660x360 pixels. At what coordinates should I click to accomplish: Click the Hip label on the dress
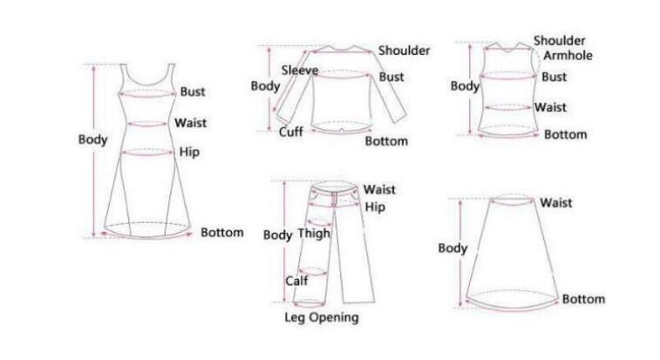(189, 153)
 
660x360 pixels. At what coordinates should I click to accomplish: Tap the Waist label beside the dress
(190, 123)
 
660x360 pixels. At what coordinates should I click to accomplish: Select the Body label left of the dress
(93, 139)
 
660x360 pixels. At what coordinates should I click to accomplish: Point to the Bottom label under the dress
(222, 233)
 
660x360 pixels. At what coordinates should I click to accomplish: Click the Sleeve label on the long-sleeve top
(299, 70)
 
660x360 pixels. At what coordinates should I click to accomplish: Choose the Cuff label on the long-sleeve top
(291, 132)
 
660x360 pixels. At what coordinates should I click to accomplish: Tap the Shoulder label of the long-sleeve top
(404, 51)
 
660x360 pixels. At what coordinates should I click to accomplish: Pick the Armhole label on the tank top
(568, 56)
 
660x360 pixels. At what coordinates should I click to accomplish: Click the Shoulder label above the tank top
(560, 41)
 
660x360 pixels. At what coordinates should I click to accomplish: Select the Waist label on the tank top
(550, 107)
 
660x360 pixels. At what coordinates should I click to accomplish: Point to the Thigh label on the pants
(314, 234)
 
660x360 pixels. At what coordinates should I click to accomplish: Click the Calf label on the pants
(296, 281)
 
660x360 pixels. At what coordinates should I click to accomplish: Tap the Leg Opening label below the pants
(322, 317)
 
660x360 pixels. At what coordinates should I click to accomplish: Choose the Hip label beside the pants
(375, 207)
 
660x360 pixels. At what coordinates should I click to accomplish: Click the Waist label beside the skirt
(555, 203)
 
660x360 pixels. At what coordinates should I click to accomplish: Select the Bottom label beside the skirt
(582, 299)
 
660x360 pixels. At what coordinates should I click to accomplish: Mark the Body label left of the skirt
(452, 248)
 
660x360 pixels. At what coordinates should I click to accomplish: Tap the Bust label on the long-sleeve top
(391, 77)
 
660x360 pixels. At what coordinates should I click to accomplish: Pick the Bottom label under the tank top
(565, 134)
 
